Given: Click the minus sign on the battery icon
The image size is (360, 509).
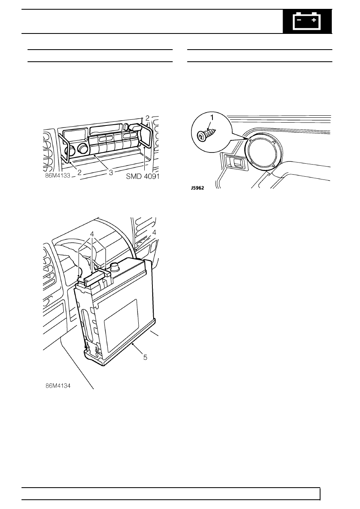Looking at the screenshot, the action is click(x=299, y=20).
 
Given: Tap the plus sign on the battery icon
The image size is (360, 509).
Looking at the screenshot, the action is click(x=314, y=20).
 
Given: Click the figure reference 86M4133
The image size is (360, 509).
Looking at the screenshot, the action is click(x=58, y=176).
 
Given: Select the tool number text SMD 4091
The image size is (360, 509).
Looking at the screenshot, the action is click(x=142, y=176).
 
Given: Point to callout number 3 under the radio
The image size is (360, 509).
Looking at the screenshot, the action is click(x=111, y=173).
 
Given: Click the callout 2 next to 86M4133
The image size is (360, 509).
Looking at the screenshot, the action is click(x=79, y=173).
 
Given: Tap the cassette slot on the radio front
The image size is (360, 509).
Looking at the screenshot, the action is click(x=106, y=130).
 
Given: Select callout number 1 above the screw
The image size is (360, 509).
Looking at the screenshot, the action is click(x=212, y=118).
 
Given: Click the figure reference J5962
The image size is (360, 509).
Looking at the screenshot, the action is click(x=198, y=188).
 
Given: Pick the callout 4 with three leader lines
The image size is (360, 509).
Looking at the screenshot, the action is click(x=92, y=234).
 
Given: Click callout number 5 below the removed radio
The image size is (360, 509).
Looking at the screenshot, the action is click(x=145, y=357).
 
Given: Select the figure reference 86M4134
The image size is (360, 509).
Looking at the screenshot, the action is click(x=58, y=386).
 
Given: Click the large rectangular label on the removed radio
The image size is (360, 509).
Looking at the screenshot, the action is click(x=121, y=326).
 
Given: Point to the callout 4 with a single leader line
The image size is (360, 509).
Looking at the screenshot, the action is click(x=154, y=233).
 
